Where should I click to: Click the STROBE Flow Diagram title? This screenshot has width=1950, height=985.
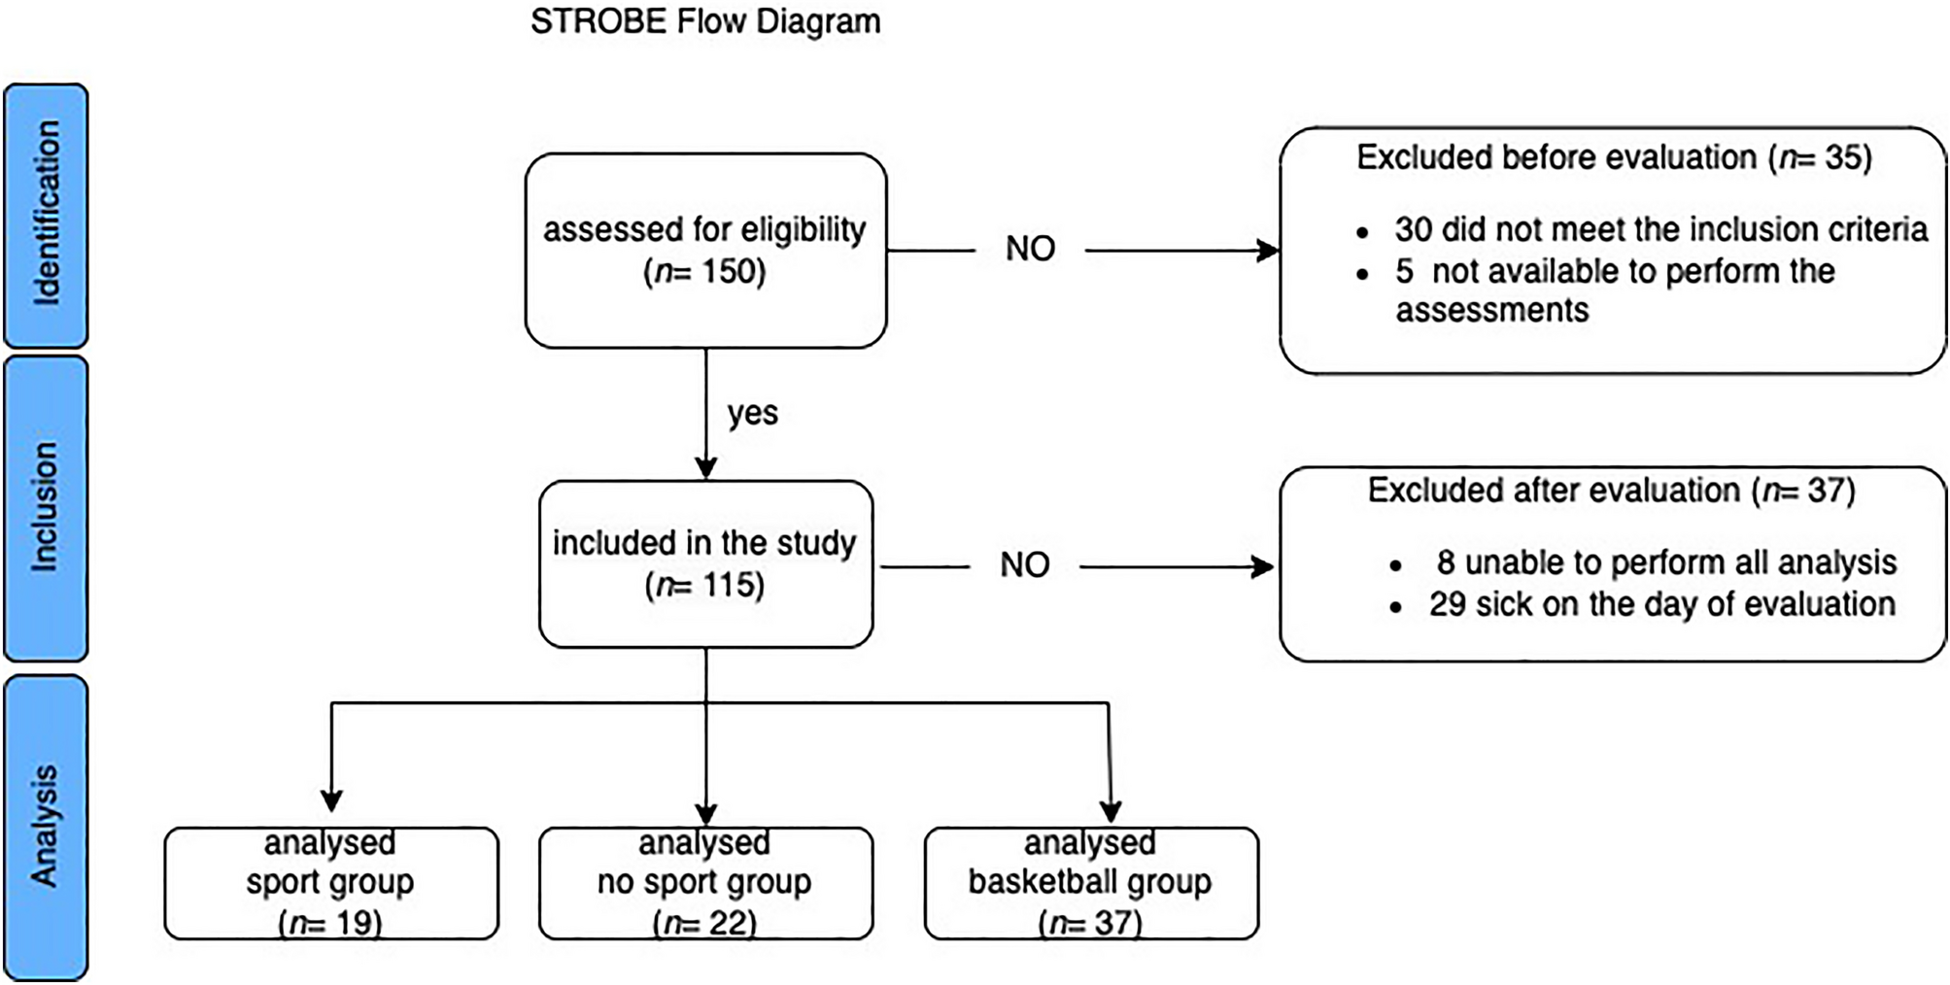click(705, 21)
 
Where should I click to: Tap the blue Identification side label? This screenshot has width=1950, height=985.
click(46, 215)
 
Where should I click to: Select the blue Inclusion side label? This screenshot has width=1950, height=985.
click(46, 507)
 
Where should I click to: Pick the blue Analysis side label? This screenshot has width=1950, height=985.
click(46, 827)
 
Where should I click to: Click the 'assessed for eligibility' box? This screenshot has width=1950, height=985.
click(705, 250)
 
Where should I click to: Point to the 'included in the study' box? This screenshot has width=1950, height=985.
click(705, 563)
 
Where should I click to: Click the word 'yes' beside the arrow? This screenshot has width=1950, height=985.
click(752, 413)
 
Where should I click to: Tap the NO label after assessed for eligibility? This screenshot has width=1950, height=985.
click(1030, 250)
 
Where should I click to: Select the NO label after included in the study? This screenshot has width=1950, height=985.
click(1024, 565)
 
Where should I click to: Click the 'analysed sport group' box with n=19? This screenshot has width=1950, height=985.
click(331, 882)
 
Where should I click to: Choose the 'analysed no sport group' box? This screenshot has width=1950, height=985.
click(705, 882)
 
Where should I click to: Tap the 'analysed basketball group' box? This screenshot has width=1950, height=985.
click(1090, 882)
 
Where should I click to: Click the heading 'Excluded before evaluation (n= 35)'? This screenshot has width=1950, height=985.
click(1613, 157)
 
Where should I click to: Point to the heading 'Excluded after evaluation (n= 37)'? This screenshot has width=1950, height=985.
click(1611, 491)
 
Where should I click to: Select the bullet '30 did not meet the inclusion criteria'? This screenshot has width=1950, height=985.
click(1659, 229)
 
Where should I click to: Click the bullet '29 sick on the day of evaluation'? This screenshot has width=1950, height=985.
click(1660, 604)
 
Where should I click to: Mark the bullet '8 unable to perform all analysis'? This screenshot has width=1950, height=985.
click(1665, 562)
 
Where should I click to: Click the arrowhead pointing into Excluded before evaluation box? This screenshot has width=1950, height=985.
click(1268, 251)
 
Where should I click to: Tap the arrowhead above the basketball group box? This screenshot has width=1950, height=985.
click(1110, 812)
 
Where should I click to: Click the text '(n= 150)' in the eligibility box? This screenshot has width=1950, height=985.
click(705, 271)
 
